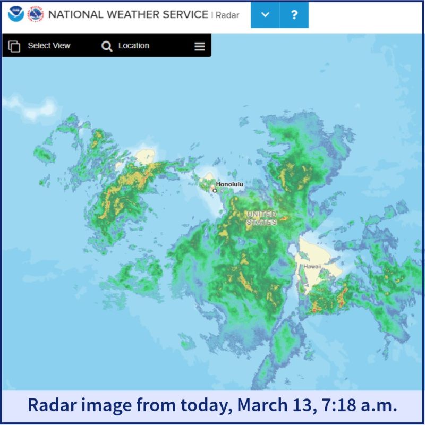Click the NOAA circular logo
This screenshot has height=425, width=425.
(16, 14)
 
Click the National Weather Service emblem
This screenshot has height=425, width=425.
(35, 14)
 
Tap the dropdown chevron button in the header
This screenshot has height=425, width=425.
(265, 14)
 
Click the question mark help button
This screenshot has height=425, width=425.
(294, 14)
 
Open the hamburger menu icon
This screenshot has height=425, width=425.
(200, 46)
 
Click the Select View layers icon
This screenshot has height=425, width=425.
(14, 46)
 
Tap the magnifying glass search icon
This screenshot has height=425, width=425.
(107, 46)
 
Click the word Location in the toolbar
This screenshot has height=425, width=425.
(134, 46)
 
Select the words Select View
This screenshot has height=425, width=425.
(49, 46)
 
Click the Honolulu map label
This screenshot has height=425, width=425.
(229, 184)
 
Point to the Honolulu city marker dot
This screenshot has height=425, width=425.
(215, 190)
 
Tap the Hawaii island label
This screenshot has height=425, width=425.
(312, 266)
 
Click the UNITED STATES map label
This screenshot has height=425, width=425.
(261, 218)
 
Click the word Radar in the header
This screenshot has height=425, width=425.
(227, 15)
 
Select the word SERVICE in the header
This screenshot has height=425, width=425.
(183, 14)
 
